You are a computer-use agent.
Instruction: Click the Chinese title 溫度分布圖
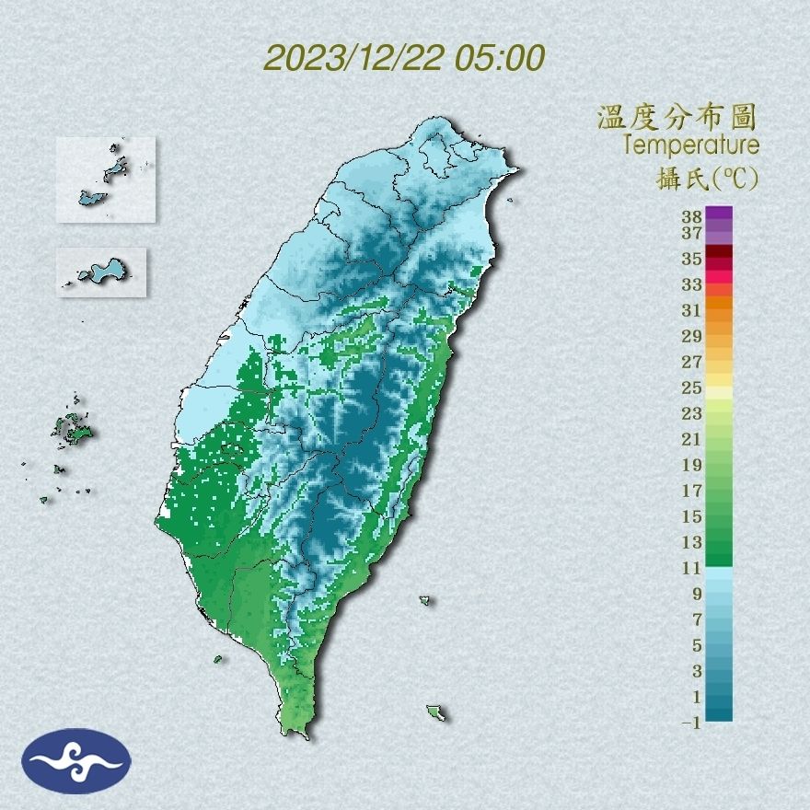[677, 118]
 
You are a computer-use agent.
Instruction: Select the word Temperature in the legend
[690, 145]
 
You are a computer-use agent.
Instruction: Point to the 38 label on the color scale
[692, 217]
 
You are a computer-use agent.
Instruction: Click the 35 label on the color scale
[692, 259]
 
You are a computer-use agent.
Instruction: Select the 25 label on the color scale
[692, 388]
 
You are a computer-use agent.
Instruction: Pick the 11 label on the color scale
[692, 568]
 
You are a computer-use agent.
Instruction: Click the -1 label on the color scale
[691, 723]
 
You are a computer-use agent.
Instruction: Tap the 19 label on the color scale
[692, 465]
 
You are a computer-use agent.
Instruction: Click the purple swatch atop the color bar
[720, 214]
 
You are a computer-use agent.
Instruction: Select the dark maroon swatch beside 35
[720, 252]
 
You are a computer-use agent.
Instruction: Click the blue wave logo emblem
[76, 760]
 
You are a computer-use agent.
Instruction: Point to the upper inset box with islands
[105, 179]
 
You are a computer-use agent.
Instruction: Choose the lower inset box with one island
[101, 272]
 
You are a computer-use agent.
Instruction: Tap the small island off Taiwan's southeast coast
[436, 713]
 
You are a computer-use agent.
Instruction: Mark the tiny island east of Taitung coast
[425, 601]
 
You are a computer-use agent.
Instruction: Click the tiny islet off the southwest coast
[218, 658]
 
